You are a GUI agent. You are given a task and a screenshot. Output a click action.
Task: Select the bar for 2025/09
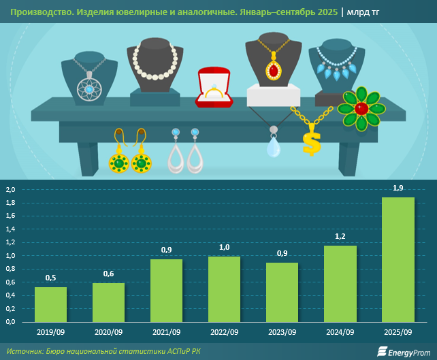click(398, 259)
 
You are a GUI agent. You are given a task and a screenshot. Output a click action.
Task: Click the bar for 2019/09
click(51, 304)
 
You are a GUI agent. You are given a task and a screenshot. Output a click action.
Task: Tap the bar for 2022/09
click(224, 289)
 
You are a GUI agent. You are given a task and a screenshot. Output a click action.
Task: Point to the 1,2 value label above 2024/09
click(340, 235)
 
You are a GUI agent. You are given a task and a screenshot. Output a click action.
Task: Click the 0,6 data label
click(109, 274)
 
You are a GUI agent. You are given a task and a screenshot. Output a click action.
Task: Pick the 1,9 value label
click(398, 188)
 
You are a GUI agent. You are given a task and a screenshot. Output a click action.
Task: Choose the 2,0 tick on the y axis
click(10, 190)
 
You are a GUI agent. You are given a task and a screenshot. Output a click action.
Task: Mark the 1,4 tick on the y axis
click(10, 229)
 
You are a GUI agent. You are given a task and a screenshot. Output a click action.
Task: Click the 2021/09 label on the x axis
click(166, 333)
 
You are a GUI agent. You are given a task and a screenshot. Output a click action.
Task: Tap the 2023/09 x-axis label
click(282, 333)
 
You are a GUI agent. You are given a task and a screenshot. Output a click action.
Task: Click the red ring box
click(214, 88)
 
